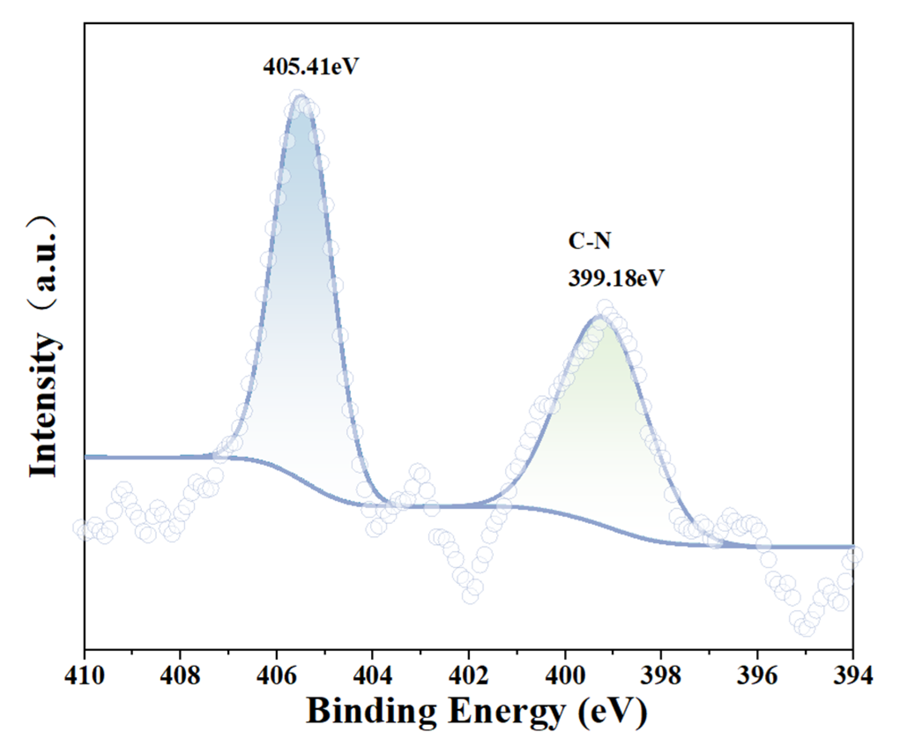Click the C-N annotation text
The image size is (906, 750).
589,241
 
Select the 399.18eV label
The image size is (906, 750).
616,278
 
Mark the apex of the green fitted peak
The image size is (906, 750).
599,317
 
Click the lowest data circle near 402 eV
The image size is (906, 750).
470,596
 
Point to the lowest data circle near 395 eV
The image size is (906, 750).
806,628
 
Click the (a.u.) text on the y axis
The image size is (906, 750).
44,260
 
